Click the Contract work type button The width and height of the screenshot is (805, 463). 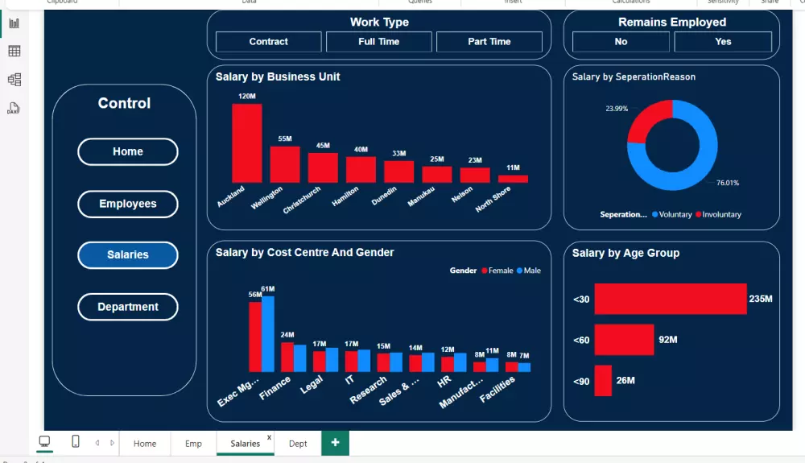[268, 42]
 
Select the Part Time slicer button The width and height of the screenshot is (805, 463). [489, 42]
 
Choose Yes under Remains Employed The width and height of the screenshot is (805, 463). [723, 42]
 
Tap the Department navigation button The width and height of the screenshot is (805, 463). [128, 307]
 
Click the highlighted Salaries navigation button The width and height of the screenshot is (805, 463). [128, 255]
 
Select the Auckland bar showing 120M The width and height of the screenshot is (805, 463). [247, 143]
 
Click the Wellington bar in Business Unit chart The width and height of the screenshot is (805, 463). [285, 164]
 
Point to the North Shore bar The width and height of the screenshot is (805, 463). [513, 179]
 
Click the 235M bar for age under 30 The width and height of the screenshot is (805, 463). [670, 299]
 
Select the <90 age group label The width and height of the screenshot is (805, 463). [581, 381]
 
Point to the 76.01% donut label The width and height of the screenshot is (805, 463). [727, 183]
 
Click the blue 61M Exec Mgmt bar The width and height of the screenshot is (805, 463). [268, 333]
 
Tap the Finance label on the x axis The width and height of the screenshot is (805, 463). [275, 388]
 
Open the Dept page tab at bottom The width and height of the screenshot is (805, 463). [298, 444]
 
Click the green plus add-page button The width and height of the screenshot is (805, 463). [335, 443]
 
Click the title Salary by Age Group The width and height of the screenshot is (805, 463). [625, 253]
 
